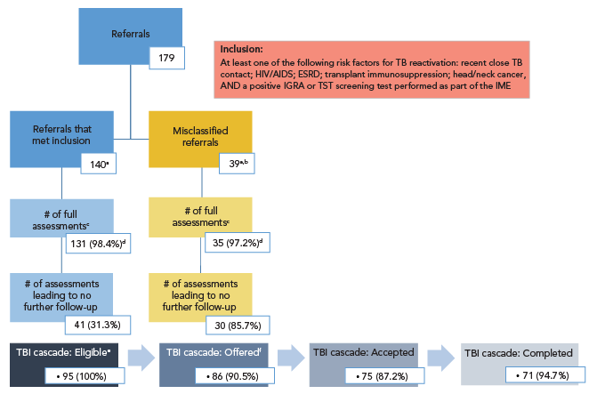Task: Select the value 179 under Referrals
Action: pyautogui.click(x=166, y=59)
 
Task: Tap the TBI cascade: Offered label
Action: pyautogui.click(x=210, y=353)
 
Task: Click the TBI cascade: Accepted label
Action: pyautogui.click(x=357, y=353)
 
